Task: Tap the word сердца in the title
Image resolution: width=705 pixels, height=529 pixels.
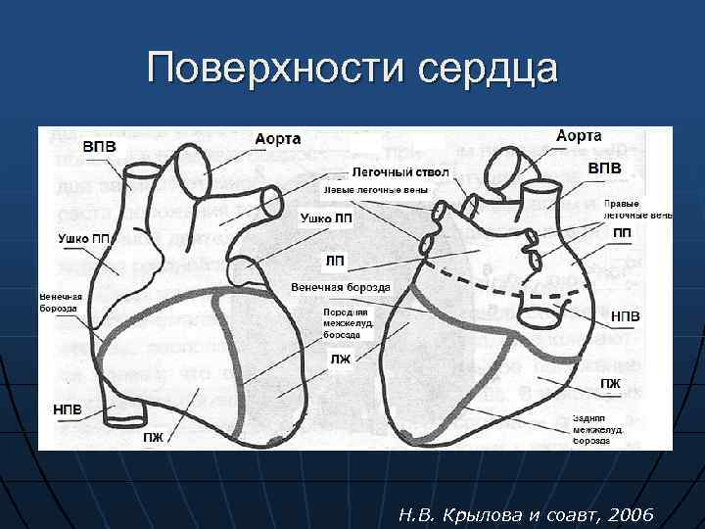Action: [487, 69]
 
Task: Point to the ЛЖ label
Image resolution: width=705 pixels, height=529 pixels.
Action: [340, 360]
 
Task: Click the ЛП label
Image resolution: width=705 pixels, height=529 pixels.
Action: [334, 261]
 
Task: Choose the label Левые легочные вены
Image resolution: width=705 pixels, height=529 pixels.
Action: [375, 189]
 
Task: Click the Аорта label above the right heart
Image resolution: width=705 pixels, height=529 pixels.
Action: [579, 136]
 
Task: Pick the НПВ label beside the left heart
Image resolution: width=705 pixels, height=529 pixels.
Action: [69, 407]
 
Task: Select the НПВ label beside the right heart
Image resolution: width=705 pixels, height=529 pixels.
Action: [627, 317]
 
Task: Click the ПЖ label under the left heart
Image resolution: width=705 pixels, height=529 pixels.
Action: [154, 437]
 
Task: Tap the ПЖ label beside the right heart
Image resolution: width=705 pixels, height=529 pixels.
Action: [610, 383]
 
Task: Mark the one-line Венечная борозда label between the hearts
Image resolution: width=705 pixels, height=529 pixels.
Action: [341, 287]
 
